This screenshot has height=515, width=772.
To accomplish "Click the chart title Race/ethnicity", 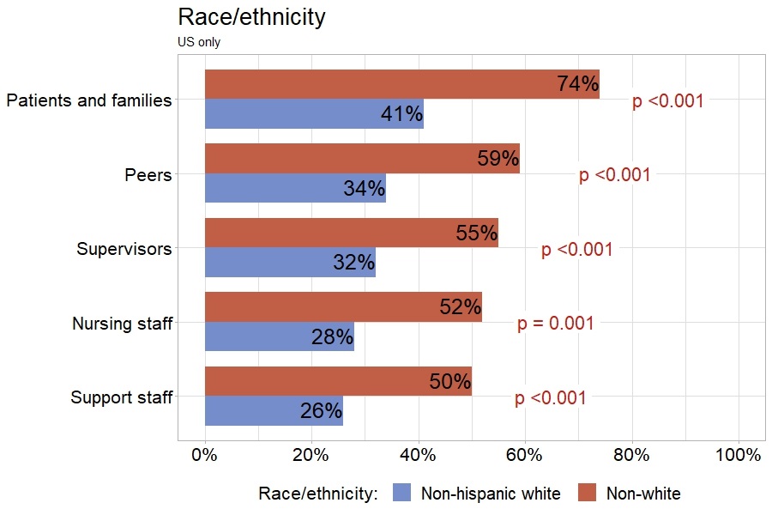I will pos(250,17).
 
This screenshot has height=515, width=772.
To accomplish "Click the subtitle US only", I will pos(199,42).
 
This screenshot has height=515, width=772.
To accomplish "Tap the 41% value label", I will pos(401,114).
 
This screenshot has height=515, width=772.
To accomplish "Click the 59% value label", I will pos(498,159).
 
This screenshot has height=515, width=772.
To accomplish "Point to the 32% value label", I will pos(353,263).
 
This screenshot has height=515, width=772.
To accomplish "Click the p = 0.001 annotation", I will pos(555,324).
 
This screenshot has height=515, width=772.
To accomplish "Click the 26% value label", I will pos(321,411).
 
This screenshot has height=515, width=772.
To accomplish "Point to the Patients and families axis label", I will pos(88,100).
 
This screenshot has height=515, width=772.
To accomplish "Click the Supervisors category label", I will pos(124,249).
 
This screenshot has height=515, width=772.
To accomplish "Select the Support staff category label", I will pos(121,397).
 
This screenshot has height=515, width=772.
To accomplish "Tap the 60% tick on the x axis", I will pos(525,456).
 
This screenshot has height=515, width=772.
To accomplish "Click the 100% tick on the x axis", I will pos(738,456).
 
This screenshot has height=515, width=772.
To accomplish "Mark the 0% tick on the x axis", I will pos(205,456).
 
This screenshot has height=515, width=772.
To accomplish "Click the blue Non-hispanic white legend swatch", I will pos(401,493).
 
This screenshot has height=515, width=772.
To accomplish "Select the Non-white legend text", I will pos(642,494).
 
